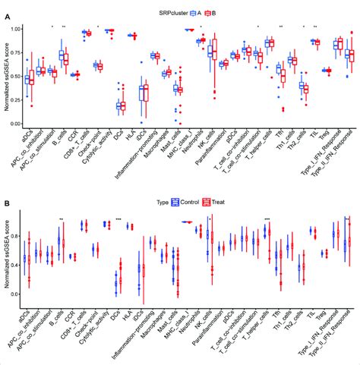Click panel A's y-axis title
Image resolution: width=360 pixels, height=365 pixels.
(x=5, y=76)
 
